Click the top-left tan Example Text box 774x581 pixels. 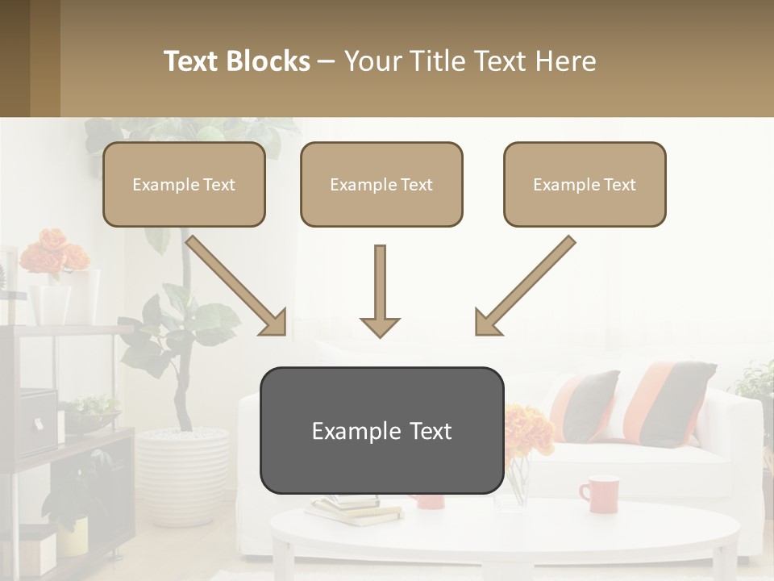pyautogui.click(x=184, y=185)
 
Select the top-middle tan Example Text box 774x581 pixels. pyautogui.click(x=381, y=185)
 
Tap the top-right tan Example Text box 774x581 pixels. pyautogui.click(x=585, y=185)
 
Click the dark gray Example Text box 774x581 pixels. pyautogui.click(x=381, y=431)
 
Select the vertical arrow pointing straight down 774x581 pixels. pyautogui.click(x=380, y=290)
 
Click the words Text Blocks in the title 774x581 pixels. pyautogui.click(x=237, y=61)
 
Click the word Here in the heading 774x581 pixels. pyautogui.click(x=568, y=61)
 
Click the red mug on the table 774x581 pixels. pyautogui.click(x=599, y=494)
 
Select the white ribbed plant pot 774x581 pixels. pyautogui.click(x=181, y=476)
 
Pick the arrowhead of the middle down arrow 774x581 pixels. pyautogui.click(x=380, y=326)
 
